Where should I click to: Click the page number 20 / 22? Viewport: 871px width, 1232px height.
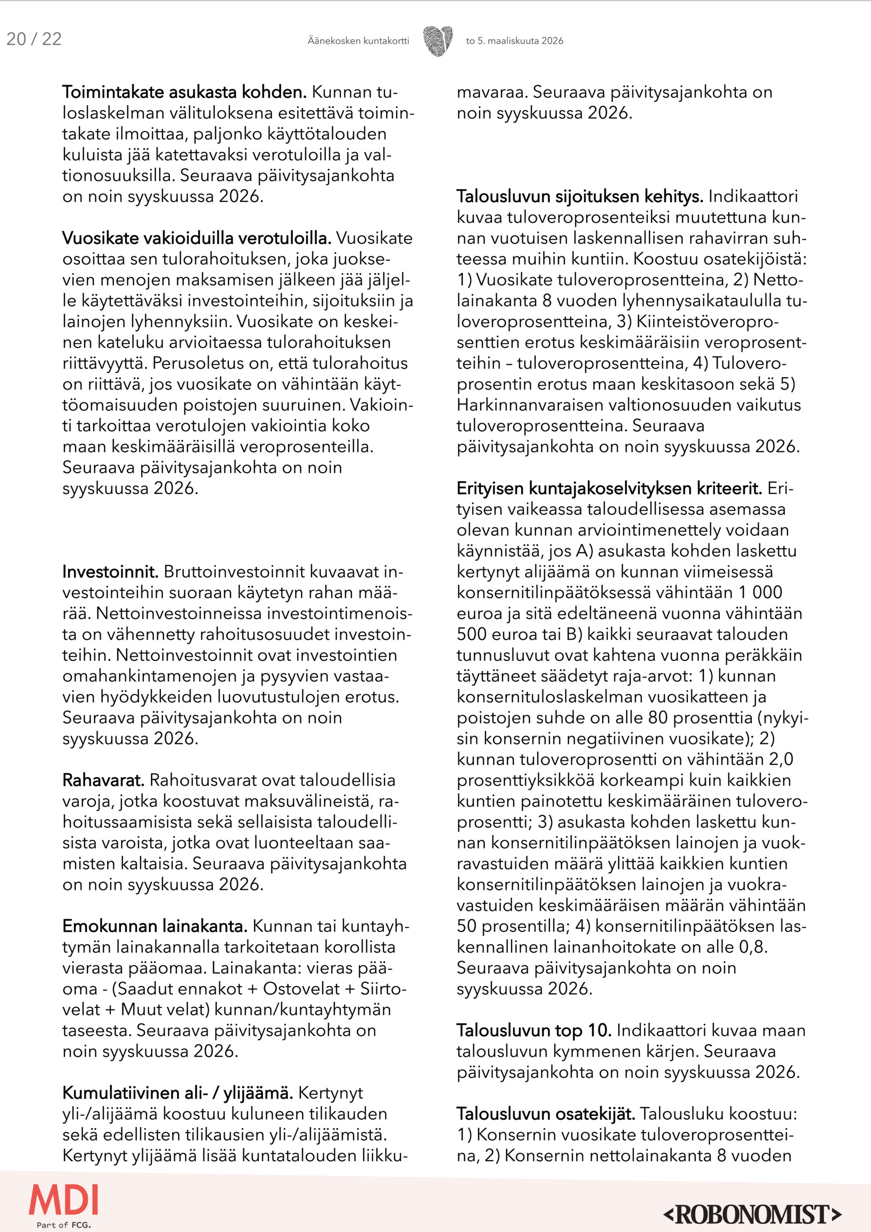click(x=34, y=39)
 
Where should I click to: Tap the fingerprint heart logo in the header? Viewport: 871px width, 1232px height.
click(x=438, y=41)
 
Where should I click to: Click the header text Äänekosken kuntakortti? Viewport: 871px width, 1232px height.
click(x=358, y=41)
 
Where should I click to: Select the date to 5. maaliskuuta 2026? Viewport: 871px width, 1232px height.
click(x=514, y=41)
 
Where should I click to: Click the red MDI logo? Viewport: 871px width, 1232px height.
click(x=63, y=1200)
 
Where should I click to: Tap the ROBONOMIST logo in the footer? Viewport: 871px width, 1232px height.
click(x=752, y=1214)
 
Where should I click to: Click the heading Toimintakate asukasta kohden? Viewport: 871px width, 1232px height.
click(x=184, y=92)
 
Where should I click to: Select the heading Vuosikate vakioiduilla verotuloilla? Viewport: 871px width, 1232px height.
click(x=196, y=238)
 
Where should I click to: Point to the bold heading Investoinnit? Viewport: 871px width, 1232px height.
click(x=110, y=572)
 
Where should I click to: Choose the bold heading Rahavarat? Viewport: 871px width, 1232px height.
click(x=103, y=780)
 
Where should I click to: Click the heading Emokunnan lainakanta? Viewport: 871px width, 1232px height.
click(x=154, y=926)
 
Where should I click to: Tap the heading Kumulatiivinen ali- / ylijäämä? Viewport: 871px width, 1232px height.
click(x=177, y=1093)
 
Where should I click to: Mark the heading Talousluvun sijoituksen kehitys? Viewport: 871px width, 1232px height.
click(x=580, y=197)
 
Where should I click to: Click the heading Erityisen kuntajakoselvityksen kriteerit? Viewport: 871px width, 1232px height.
click(x=609, y=489)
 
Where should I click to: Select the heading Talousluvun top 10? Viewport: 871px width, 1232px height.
click(x=533, y=1031)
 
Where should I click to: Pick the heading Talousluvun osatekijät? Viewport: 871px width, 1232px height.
click(x=545, y=1114)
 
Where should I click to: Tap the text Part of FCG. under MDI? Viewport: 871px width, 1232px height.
click(x=63, y=1225)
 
